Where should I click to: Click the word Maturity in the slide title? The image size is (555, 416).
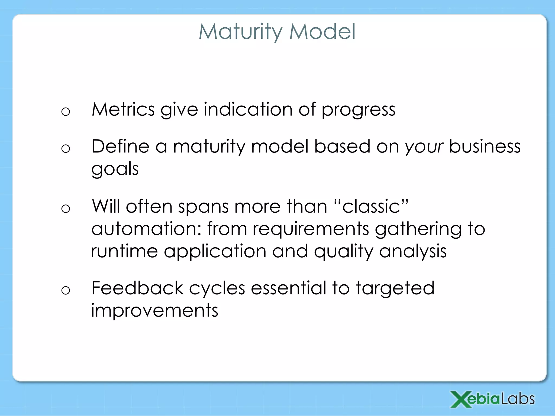(241, 32)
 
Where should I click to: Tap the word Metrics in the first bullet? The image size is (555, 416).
(123, 109)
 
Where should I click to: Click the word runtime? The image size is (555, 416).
(124, 251)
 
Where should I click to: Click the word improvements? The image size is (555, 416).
(154, 310)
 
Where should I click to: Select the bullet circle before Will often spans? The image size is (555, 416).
(66, 209)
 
